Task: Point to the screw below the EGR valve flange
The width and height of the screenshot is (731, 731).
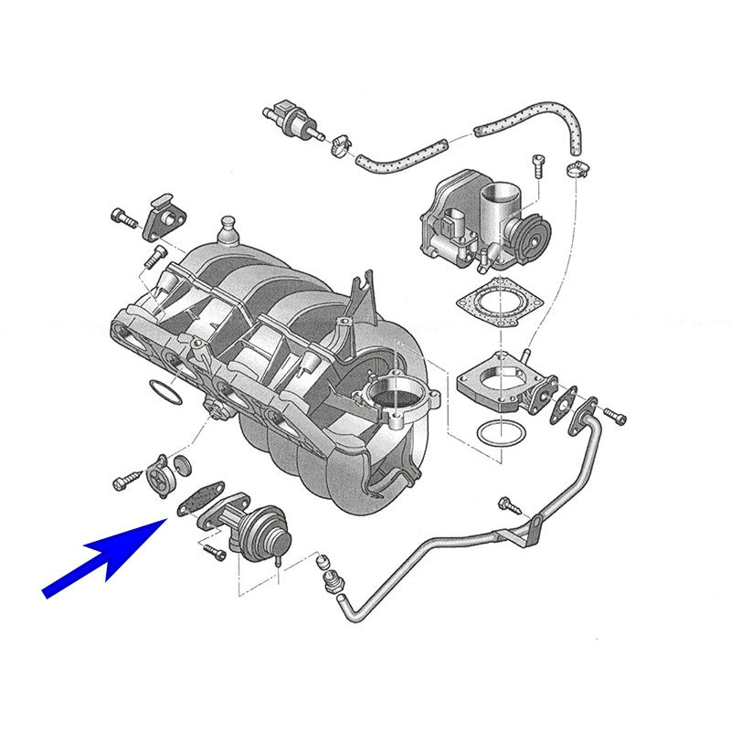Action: click(x=213, y=551)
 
